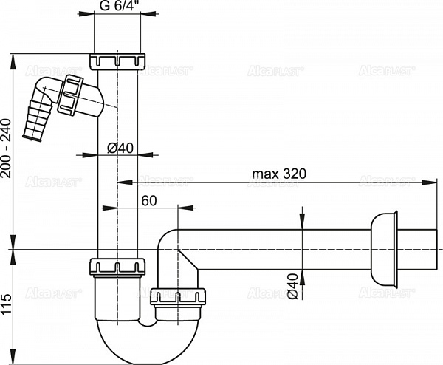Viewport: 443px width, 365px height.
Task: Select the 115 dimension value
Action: point(7,305)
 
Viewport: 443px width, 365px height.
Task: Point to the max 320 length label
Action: point(280,174)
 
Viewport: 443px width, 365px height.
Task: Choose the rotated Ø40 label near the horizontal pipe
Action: point(294,285)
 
